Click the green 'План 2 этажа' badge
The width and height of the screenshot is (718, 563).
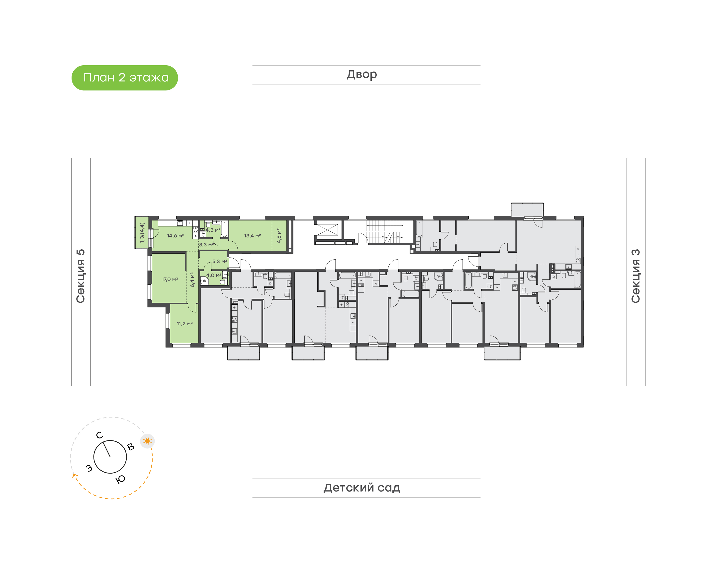[x=125, y=78]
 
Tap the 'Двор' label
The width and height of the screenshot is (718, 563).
[x=362, y=74]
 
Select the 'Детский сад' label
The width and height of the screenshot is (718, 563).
[x=362, y=488]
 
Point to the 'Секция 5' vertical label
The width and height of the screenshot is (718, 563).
[x=81, y=276]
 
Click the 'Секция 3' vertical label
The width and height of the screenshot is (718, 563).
[x=635, y=276]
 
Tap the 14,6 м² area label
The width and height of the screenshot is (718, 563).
[x=176, y=236]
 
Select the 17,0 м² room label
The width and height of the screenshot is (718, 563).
[x=170, y=279]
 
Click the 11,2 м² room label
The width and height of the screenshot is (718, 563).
[x=184, y=324]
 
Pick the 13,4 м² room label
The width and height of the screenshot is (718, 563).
[x=252, y=236]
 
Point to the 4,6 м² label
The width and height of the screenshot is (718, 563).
[x=279, y=236]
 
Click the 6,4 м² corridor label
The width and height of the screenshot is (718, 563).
[x=192, y=280]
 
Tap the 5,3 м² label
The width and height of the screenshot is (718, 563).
[x=219, y=261]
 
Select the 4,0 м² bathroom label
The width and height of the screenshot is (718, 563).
[x=214, y=275]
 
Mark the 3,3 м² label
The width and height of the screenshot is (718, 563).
[x=206, y=245]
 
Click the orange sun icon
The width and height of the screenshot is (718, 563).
[x=147, y=441]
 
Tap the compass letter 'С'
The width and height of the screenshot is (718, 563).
[x=99, y=435]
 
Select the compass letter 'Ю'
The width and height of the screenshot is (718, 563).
[x=120, y=479]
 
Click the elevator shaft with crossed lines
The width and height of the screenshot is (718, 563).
[x=327, y=230]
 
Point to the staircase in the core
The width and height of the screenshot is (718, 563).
[x=385, y=232]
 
